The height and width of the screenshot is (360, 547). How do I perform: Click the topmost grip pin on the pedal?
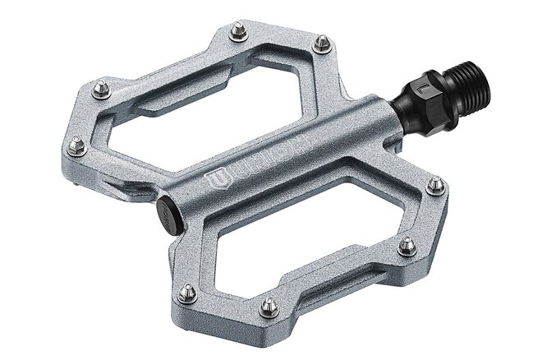click(x=239, y=31)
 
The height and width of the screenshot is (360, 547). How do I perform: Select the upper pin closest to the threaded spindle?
click(x=322, y=43)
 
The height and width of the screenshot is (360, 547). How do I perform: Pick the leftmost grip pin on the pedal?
click(x=76, y=146)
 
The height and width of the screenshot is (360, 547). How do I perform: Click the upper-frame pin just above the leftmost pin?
click(x=101, y=89)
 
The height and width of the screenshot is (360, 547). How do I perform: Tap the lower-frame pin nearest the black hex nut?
click(x=436, y=186)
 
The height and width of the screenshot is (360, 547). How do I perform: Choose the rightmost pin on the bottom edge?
click(x=407, y=246)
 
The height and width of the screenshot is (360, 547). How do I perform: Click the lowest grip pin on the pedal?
click(x=269, y=307)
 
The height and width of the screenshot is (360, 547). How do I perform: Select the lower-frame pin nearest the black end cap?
click(x=188, y=293)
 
